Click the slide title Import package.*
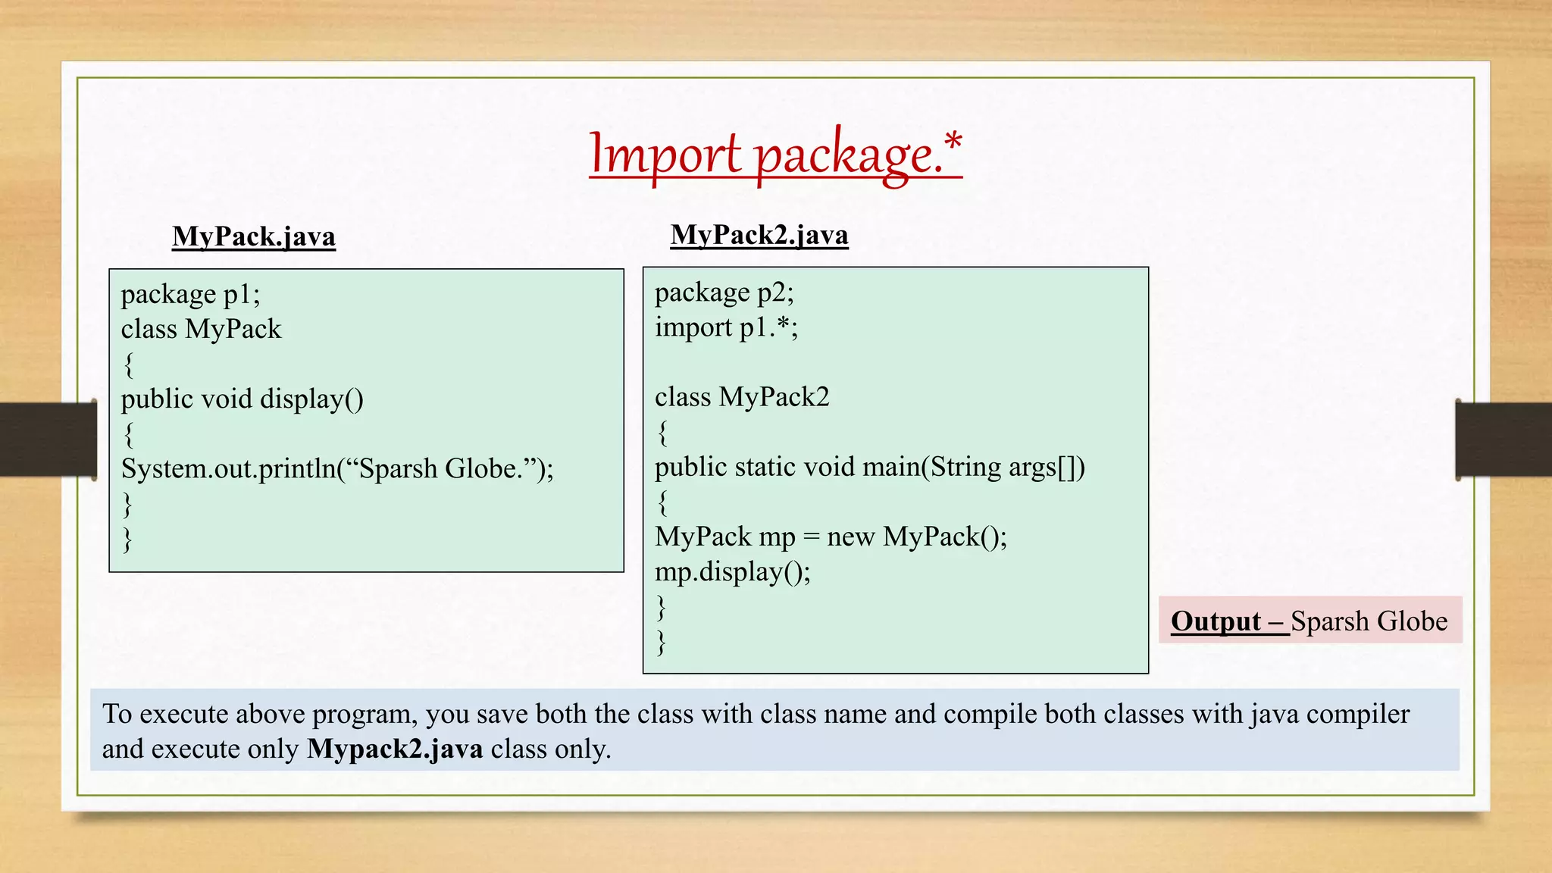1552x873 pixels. coord(775,154)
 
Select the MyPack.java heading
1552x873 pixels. coord(254,236)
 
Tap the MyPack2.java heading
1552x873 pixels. coord(759,235)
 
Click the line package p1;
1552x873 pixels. coord(190,294)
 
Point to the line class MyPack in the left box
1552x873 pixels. coord(201,329)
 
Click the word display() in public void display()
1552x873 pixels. coord(311,399)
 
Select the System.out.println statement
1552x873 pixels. coord(337,468)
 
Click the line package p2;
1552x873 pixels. coord(724,293)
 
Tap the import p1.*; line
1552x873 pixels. coord(726,327)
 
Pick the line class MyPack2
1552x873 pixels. coord(742,397)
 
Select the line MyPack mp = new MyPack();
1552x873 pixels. coord(831,537)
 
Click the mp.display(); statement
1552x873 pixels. coord(732,571)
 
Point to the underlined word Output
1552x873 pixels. coord(1216,621)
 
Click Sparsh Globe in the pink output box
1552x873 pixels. coord(1369,621)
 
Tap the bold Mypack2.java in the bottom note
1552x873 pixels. coord(395,749)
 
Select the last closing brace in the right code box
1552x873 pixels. coord(662,642)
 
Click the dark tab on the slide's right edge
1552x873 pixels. coord(1503,440)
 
